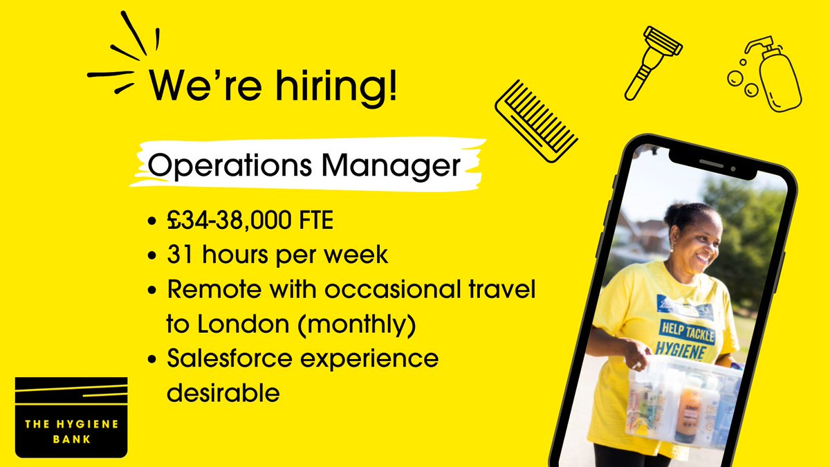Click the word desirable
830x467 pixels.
click(223, 393)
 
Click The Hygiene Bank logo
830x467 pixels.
click(71, 416)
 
